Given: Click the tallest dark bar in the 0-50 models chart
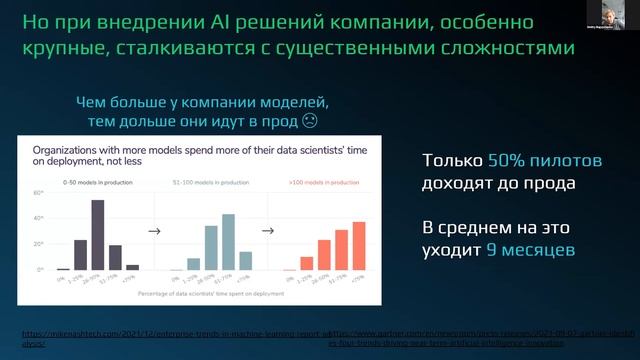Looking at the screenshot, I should [x=98, y=235].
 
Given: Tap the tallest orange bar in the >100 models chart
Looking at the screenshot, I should [x=360, y=246].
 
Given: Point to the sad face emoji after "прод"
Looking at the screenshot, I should [x=310, y=123].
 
